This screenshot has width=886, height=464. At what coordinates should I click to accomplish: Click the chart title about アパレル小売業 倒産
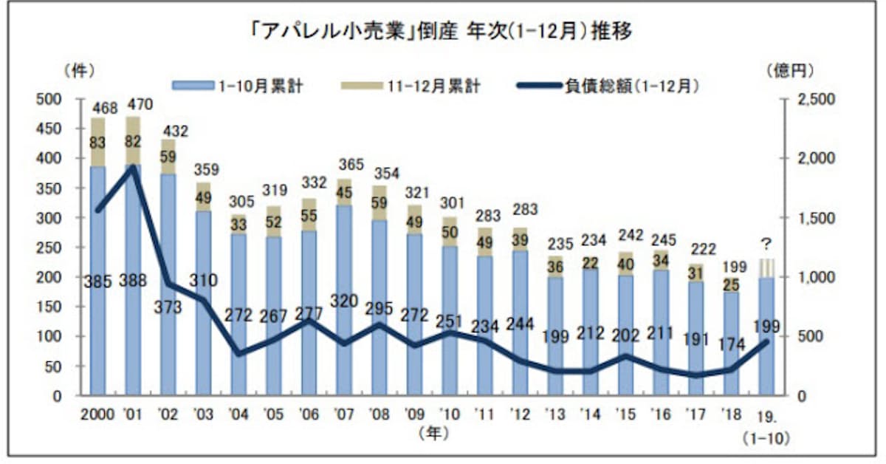[x=443, y=33]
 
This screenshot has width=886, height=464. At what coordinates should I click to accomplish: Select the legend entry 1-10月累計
[x=238, y=86]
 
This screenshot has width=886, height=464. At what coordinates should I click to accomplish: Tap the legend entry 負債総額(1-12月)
[x=610, y=86]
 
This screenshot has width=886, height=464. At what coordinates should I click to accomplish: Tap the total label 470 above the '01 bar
[x=140, y=104]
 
